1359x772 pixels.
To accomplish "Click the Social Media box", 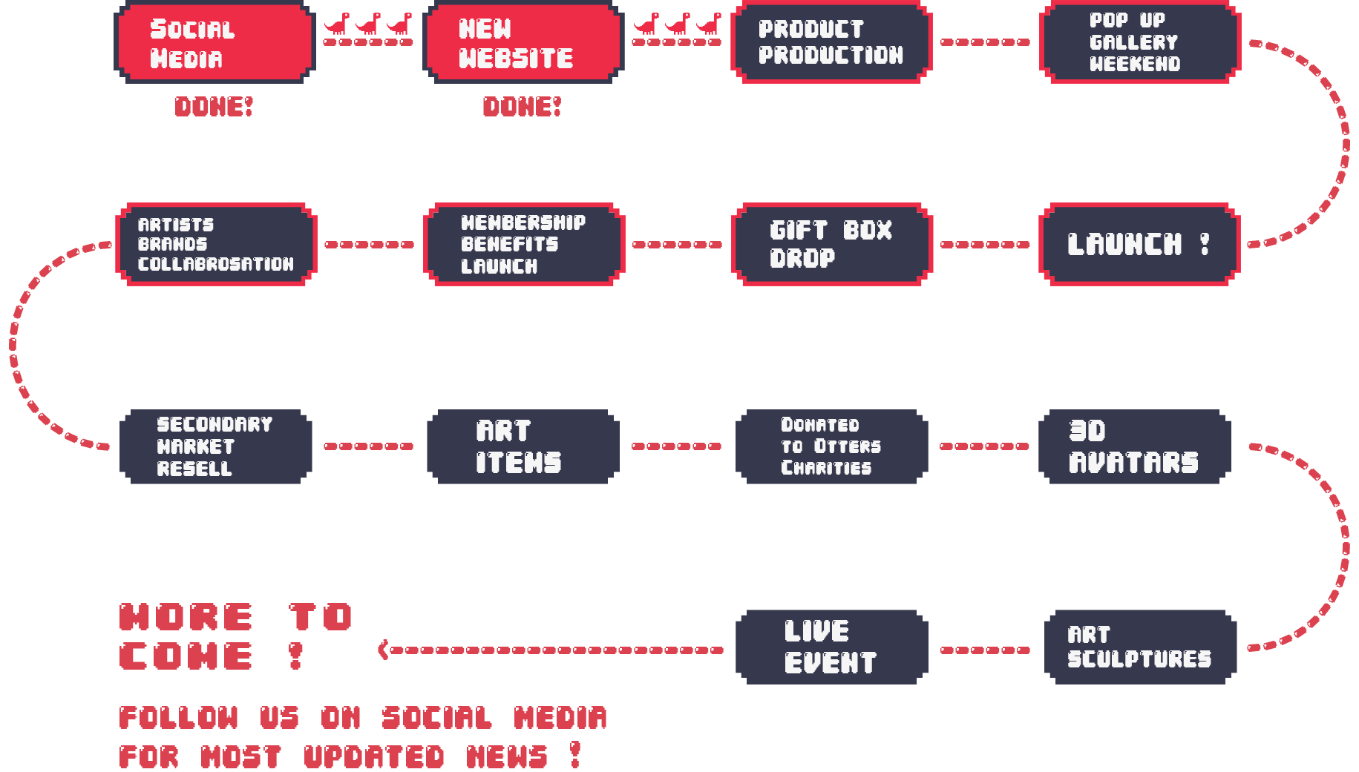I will click(x=215, y=42).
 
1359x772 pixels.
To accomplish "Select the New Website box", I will click(x=523, y=42).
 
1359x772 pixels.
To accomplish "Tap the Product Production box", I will click(x=831, y=42).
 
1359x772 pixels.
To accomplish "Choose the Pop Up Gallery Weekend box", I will click(x=1139, y=42).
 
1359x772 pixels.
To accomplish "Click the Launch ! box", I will click(x=1139, y=244).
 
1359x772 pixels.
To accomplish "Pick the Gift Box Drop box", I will click(x=831, y=244).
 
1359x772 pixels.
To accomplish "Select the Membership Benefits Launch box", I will click(x=523, y=244).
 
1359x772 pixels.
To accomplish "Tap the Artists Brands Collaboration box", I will click(x=216, y=244).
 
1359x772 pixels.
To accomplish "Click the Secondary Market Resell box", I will click(x=215, y=446).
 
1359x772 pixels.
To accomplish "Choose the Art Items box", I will click(x=523, y=446).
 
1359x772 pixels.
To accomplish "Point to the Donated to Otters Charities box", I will click(x=831, y=446).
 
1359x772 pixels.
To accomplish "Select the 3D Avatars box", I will click(x=1134, y=446).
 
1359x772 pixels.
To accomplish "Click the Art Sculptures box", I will click(x=1140, y=647).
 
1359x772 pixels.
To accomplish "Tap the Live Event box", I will click(x=831, y=647).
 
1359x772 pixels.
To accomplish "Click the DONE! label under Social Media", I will click(x=214, y=107).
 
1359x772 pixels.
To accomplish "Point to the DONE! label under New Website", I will click(x=522, y=107).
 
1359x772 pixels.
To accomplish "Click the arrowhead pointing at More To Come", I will click(x=383, y=650).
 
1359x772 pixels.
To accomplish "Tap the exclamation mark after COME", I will click(x=295, y=656).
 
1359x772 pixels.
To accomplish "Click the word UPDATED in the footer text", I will click(x=374, y=756).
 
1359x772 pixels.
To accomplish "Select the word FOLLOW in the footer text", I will click(x=179, y=718).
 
